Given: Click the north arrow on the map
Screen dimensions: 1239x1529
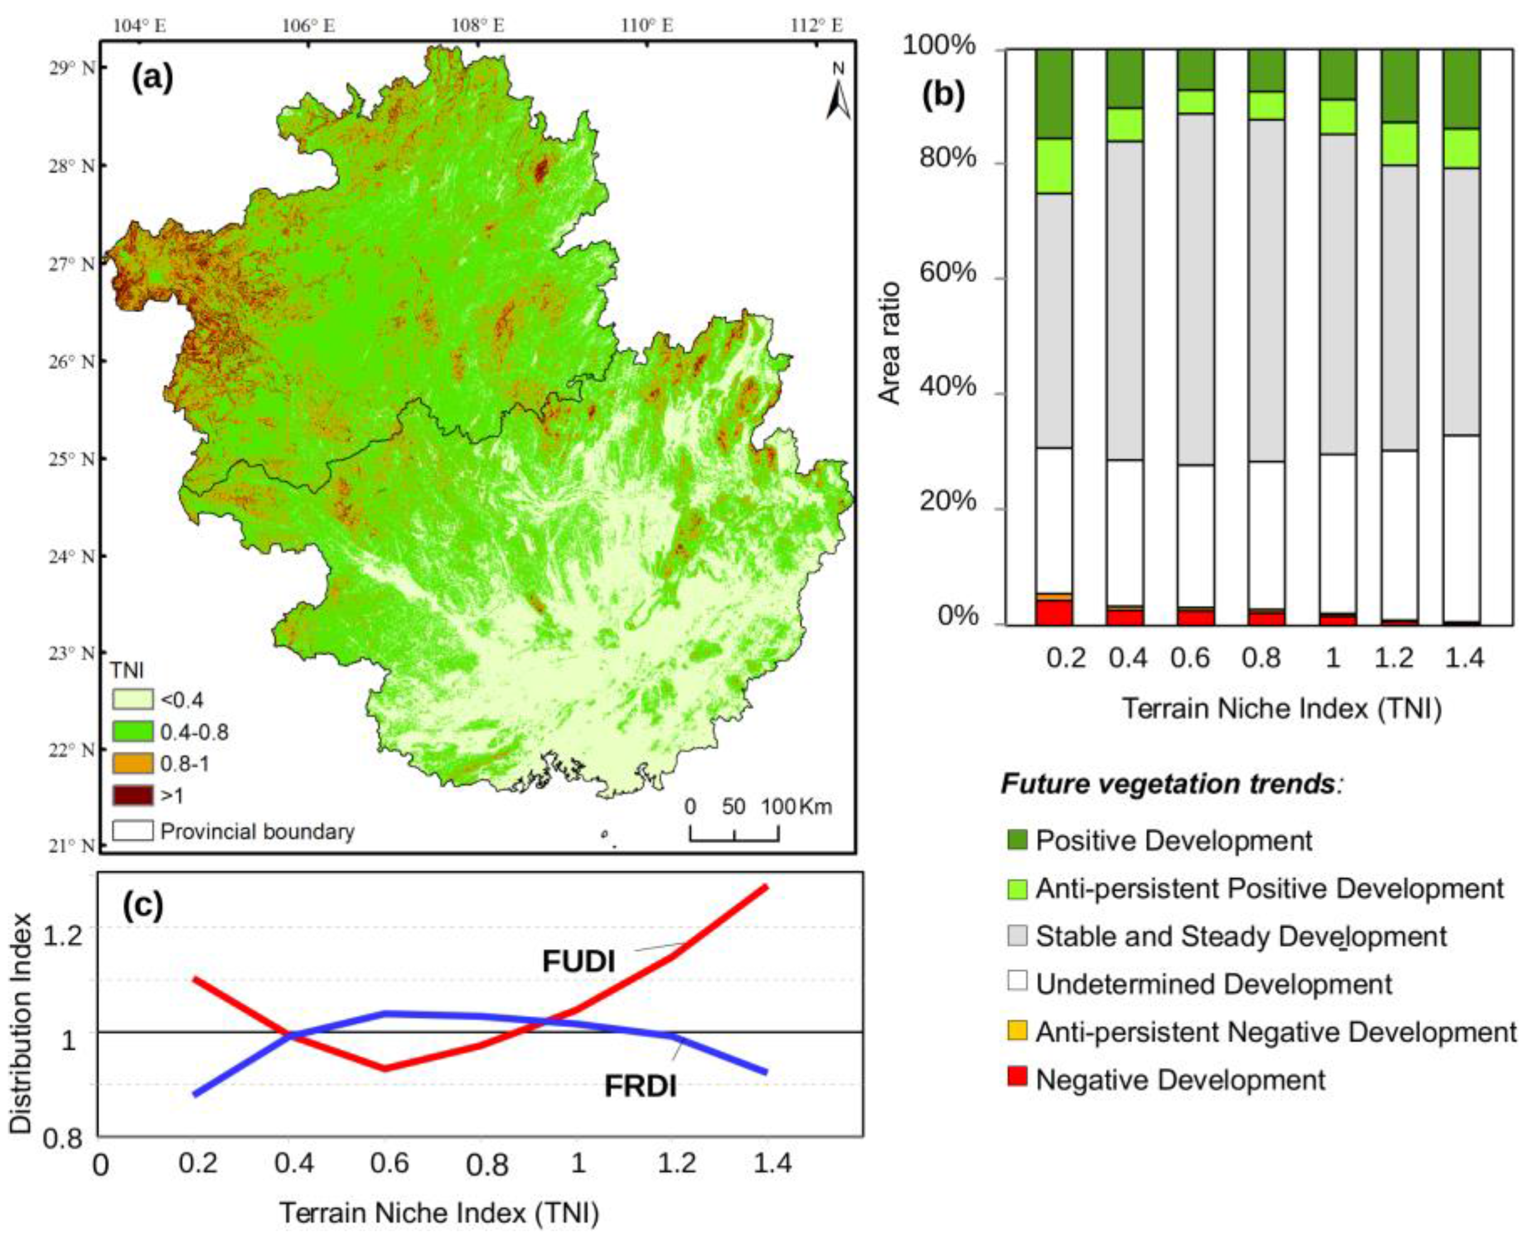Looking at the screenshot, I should click(x=838, y=91).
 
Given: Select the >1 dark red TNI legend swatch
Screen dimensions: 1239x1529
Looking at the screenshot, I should click(x=133, y=795).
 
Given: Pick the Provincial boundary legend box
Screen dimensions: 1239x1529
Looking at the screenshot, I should click(x=133, y=831).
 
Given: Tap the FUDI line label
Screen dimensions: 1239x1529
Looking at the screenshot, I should click(x=578, y=961).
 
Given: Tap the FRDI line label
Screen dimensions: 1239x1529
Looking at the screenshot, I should click(x=640, y=1086).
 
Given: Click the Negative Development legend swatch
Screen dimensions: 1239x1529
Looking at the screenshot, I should click(x=1017, y=1076).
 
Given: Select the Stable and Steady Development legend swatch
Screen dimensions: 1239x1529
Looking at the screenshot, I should click(x=1017, y=936).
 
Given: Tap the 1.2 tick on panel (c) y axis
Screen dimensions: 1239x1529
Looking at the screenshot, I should click(x=64, y=935).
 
